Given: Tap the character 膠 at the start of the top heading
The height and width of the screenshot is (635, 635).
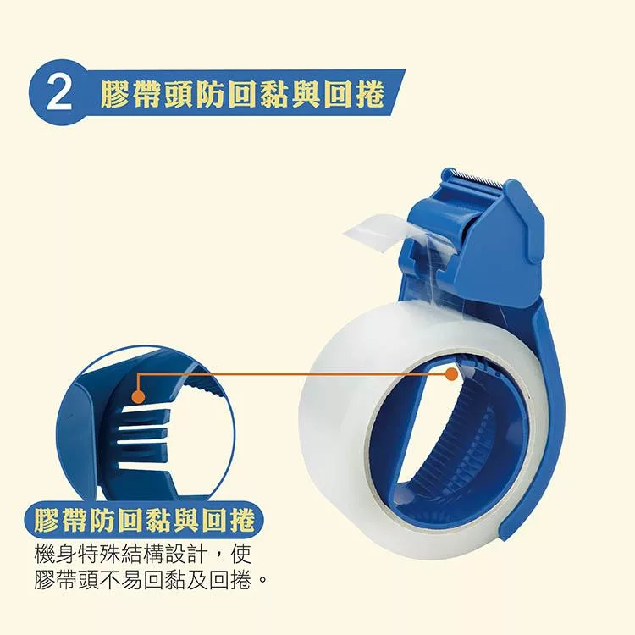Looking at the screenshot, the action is point(115,95).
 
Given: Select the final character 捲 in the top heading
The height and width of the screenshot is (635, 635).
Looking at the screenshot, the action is point(369,95).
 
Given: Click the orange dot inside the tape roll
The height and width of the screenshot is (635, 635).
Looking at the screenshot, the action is point(451,374).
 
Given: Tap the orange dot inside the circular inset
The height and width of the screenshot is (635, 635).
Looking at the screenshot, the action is point(139,396).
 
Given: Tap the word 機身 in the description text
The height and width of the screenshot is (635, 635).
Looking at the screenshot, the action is point(54,555).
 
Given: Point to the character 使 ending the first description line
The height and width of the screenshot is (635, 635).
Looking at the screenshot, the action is point(240,555).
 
